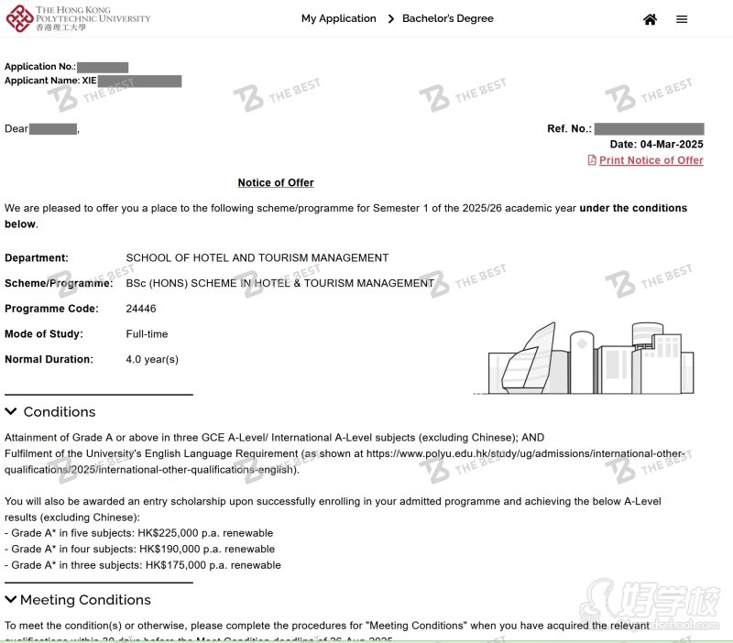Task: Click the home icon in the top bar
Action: [650, 19]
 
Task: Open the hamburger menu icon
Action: [682, 19]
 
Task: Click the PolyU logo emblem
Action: [17, 17]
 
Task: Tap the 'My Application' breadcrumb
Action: [338, 18]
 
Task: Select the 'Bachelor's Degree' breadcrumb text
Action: [447, 18]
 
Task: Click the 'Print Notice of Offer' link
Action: [651, 160]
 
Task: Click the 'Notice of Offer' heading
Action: [276, 182]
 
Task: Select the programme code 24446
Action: [141, 309]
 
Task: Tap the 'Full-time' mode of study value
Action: [147, 334]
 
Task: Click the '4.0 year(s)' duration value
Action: [152, 359]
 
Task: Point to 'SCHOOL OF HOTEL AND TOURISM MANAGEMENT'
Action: [257, 258]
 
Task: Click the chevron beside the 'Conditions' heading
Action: [11, 411]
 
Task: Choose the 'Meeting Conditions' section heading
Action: [85, 600]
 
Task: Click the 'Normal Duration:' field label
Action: [49, 359]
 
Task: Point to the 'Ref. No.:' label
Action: [569, 129]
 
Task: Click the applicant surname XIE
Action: [90, 81]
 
